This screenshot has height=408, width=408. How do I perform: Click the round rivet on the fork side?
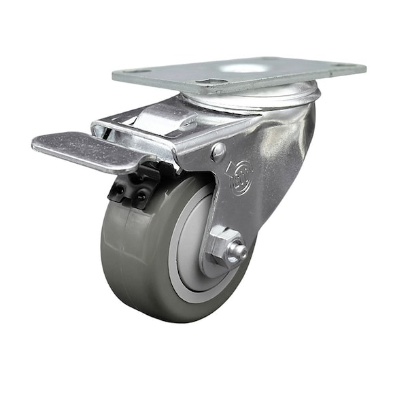[218, 152]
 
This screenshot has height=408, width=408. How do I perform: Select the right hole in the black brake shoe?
[142, 198]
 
